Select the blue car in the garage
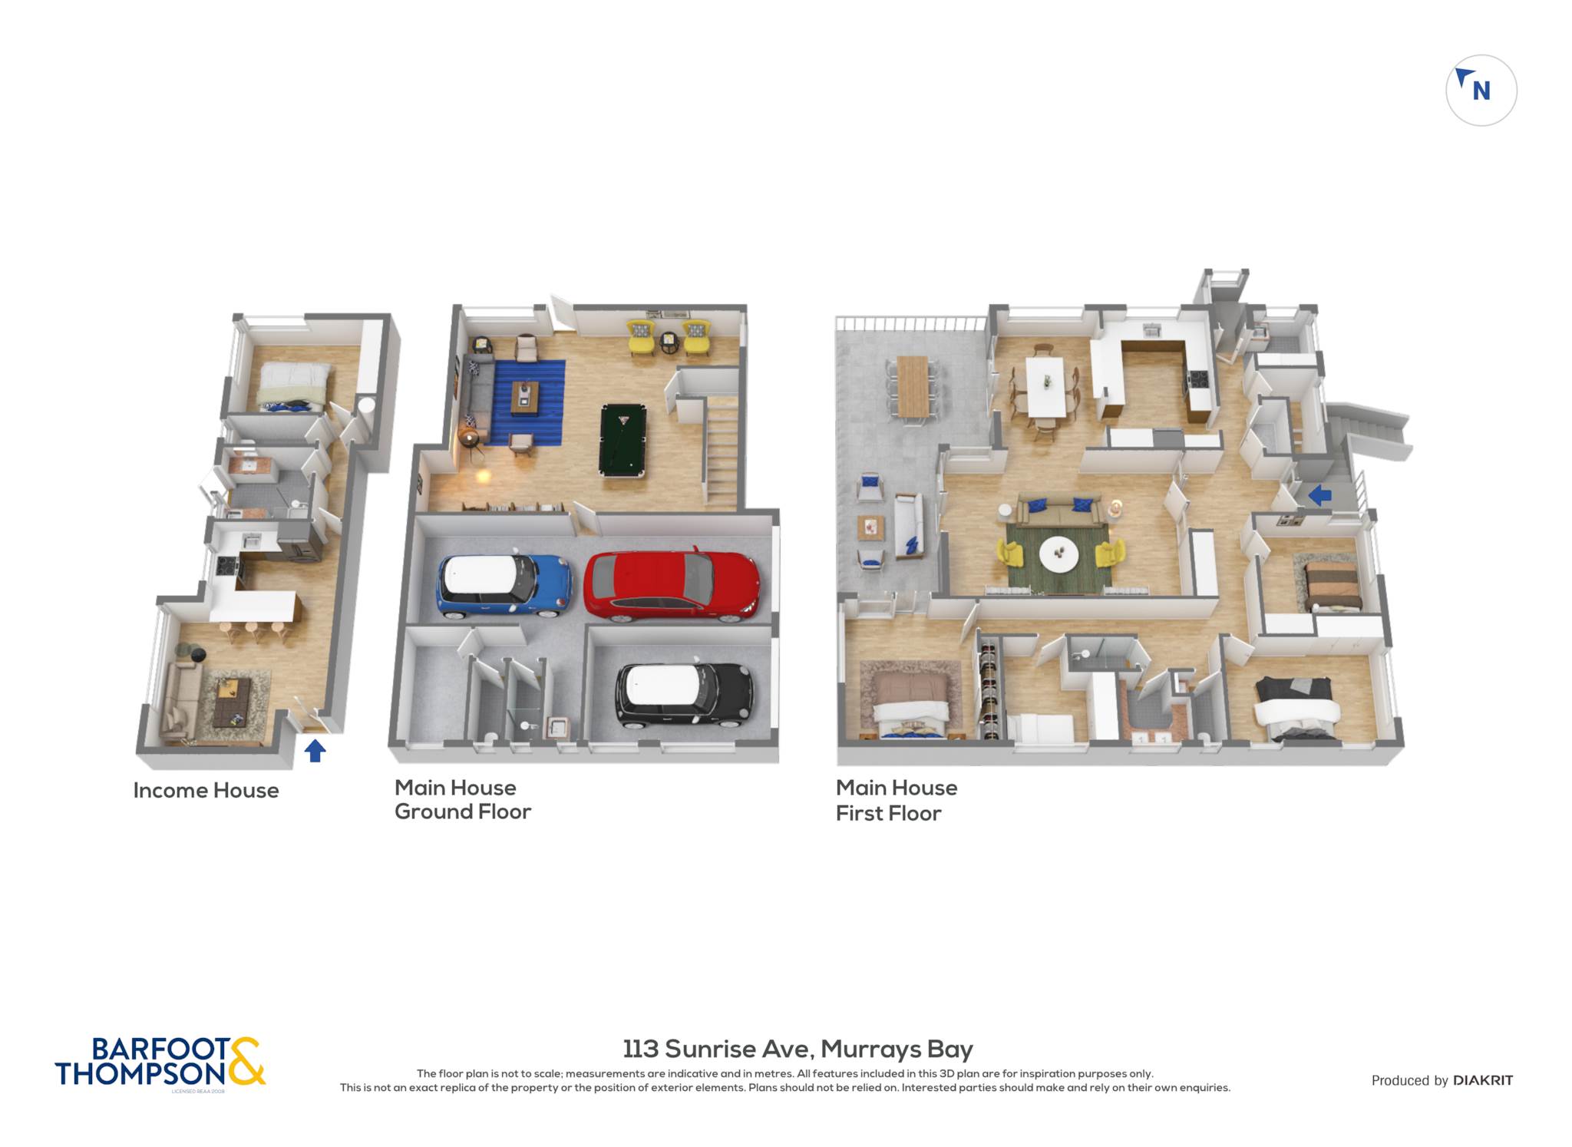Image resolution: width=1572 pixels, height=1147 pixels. pos(504,586)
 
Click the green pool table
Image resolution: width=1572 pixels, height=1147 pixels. pos(623,441)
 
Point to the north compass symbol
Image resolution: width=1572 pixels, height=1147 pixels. pos(1481,91)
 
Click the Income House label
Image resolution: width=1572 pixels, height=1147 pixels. pos(206,791)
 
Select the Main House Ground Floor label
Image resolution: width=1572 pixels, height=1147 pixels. pos(462,799)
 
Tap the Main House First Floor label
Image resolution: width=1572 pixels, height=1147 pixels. pos(897,800)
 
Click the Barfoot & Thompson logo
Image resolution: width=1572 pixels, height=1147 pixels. pos(160,1063)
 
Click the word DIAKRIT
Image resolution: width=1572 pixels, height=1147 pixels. pos(1483,1080)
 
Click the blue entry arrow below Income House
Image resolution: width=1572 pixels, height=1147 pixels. pos(315,750)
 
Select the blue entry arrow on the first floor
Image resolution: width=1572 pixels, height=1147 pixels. pos(1319,495)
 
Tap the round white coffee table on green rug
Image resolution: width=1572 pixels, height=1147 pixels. pos(1058,554)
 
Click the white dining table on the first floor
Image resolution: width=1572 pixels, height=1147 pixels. pos(1045,387)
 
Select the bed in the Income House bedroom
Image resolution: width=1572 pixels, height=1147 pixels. pos(294,385)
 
